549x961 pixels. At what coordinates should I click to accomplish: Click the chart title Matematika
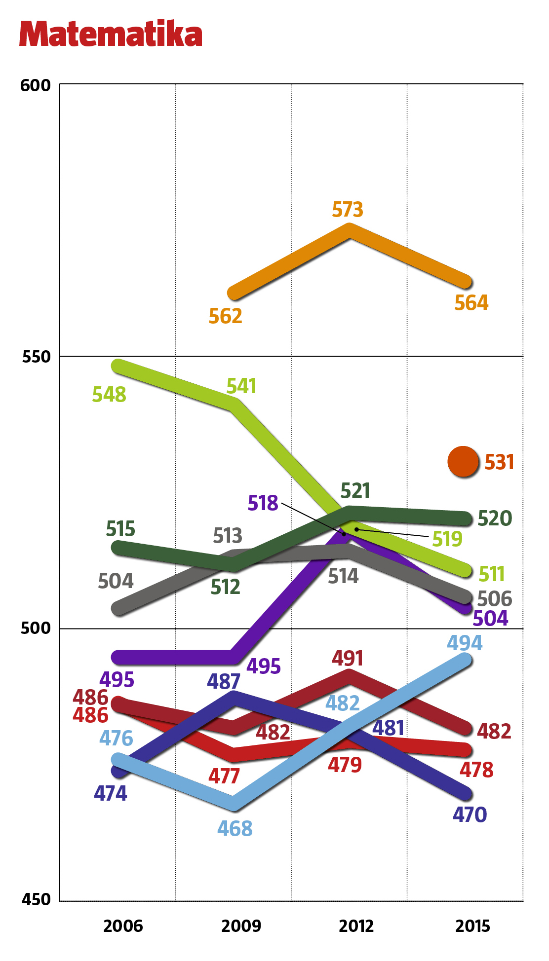tap(111, 34)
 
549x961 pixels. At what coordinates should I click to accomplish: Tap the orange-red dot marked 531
tap(463, 462)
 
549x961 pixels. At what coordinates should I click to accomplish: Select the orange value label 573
tap(348, 210)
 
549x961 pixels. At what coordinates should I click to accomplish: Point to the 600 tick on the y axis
tap(36, 85)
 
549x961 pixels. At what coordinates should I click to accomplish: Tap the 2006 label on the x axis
tap(123, 926)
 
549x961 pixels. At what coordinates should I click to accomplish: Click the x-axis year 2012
tap(356, 926)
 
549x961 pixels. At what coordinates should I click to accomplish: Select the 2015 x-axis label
tap(472, 926)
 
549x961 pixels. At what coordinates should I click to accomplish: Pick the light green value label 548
tap(109, 395)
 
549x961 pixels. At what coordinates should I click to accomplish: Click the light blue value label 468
tap(235, 828)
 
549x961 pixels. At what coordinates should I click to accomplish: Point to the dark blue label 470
tap(470, 814)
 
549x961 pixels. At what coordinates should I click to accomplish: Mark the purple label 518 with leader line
tap(263, 503)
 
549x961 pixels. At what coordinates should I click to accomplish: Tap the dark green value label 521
tap(355, 491)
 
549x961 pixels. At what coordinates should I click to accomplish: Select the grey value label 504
tap(116, 581)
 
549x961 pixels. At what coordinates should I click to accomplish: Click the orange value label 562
tap(225, 316)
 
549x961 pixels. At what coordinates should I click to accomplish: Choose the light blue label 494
tap(465, 643)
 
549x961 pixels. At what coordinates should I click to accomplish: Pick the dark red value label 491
tap(348, 659)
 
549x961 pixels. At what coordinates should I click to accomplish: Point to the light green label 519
tap(447, 539)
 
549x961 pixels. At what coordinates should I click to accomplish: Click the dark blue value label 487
tap(224, 682)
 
